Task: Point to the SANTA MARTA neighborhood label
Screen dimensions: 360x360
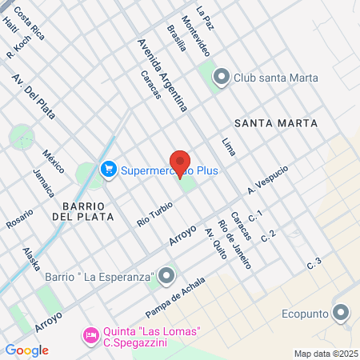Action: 276,123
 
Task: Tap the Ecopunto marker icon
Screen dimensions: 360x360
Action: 342,313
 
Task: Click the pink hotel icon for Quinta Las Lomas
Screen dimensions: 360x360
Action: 91,333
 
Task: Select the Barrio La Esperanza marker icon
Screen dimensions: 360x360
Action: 166,277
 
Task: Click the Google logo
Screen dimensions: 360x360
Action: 26,350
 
